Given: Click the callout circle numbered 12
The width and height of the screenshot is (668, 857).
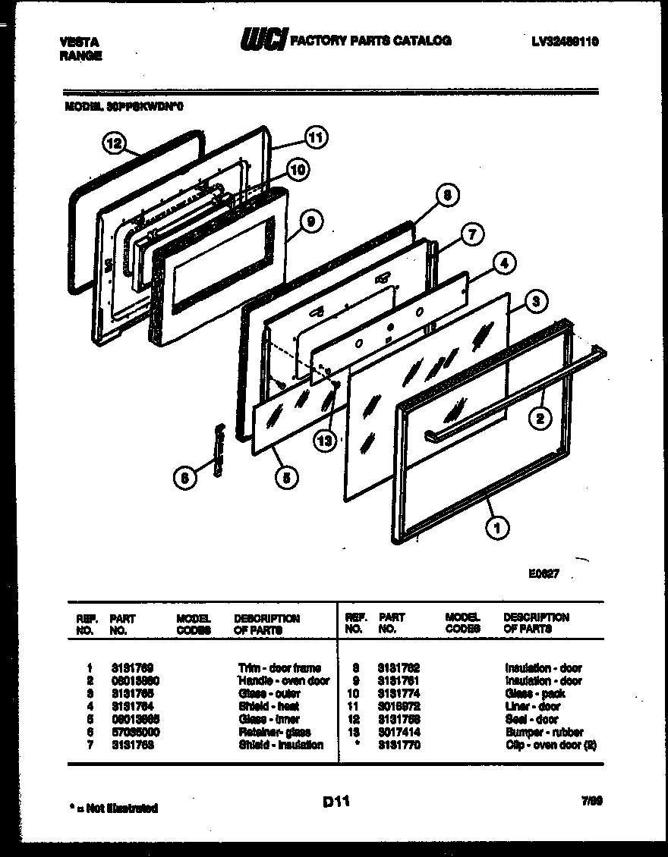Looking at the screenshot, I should (x=114, y=143).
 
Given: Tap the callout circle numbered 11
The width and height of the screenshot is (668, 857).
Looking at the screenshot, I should (x=314, y=137).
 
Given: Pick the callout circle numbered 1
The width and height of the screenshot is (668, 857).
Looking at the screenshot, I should (x=497, y=529).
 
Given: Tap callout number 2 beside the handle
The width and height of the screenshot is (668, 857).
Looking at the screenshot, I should (x=540, y=416).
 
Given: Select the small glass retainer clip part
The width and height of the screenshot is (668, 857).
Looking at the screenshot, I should (x=219, y=451).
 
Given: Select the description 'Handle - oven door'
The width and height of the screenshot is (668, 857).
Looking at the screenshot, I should (x=284, y=680).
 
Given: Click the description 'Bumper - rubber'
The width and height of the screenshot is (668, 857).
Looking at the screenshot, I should (x=544, y=732).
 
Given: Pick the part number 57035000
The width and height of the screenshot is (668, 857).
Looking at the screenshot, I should (x=134, y=732).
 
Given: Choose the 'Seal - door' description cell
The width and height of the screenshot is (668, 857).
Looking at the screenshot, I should (x=531, y=719).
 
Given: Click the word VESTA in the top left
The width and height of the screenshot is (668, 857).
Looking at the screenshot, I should (x=77, y=42).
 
